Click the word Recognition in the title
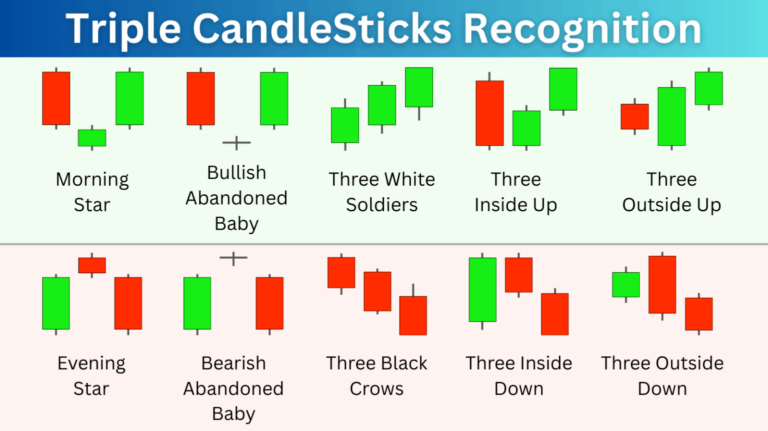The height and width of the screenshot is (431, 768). [582, 29]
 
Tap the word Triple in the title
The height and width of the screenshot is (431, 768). [123, 29]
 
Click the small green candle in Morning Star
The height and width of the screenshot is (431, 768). [92, 138]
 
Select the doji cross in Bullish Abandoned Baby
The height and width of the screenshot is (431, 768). [236, 143]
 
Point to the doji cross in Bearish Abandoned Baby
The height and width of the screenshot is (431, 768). [233, 258]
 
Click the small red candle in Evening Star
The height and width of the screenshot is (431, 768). [92, 265]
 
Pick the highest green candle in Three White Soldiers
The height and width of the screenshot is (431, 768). [419, 87]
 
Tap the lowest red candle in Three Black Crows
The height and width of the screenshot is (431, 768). [413, 315]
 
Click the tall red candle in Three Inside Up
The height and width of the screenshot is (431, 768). [489, 113]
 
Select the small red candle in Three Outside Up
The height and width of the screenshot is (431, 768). [634, 117]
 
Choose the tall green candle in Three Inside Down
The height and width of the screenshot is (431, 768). [482, 289]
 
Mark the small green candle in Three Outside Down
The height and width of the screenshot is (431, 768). [626, 285]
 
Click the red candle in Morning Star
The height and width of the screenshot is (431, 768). [56, 98]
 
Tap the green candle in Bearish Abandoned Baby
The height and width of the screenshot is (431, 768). [197, 303]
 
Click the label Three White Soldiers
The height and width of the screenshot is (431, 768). [382, 192]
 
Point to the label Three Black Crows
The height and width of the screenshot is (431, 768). [376, 375]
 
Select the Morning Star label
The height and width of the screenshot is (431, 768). [92, 192]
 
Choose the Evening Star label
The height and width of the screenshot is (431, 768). [91, 375]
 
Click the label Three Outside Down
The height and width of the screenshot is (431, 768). [662, 375]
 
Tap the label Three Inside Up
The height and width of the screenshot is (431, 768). [515, 192]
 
